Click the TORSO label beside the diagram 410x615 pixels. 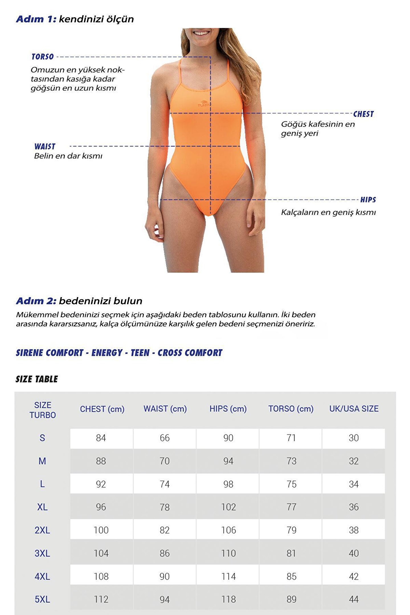coord(43,57)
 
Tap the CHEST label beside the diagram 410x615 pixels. coord(363,114)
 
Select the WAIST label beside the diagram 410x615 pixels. coord(45,146)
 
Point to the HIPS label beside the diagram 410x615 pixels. coord(368,200)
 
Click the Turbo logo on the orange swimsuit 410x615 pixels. coord(204,104)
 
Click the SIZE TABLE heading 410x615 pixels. coord(37,379)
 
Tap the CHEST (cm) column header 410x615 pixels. coord(102,409)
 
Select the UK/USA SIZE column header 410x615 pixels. coord(354,409)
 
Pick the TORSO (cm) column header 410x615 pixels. coord(291,409)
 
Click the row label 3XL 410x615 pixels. coord(42,553)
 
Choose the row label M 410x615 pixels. coord(42,461)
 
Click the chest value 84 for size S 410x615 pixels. coord(101,438)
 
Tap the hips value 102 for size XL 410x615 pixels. coord(228,507)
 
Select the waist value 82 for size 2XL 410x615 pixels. coord(165,530)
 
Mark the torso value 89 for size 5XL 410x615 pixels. coord(291,599)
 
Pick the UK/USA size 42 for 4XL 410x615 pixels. coord(354,576)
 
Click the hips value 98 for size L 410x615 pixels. coord(228,484)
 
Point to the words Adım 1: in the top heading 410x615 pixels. coord(36,19)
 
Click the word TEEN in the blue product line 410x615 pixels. coord(140,353)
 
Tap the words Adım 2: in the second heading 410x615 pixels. coord(36,301)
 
